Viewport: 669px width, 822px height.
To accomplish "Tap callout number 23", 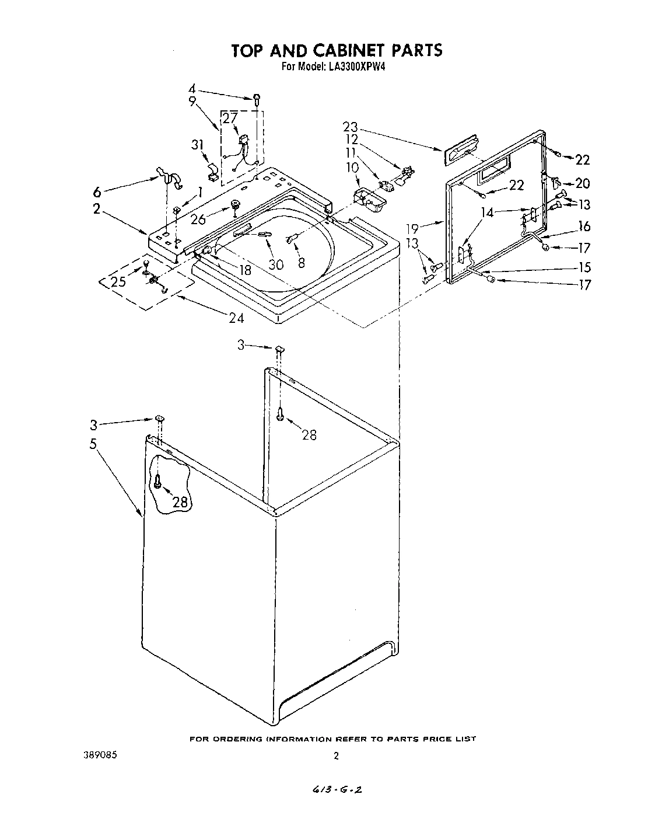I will (351, 127).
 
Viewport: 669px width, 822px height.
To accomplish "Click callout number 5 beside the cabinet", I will (93, 443).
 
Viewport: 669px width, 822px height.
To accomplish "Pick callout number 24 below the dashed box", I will (236, 318).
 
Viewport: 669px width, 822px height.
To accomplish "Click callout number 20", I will (583, 183).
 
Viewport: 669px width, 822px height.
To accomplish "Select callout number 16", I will (584, 226).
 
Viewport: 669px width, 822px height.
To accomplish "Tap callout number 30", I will (276, 264).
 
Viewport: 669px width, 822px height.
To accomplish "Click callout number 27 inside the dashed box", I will (230, 119).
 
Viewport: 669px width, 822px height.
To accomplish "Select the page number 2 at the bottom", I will (336, 756).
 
